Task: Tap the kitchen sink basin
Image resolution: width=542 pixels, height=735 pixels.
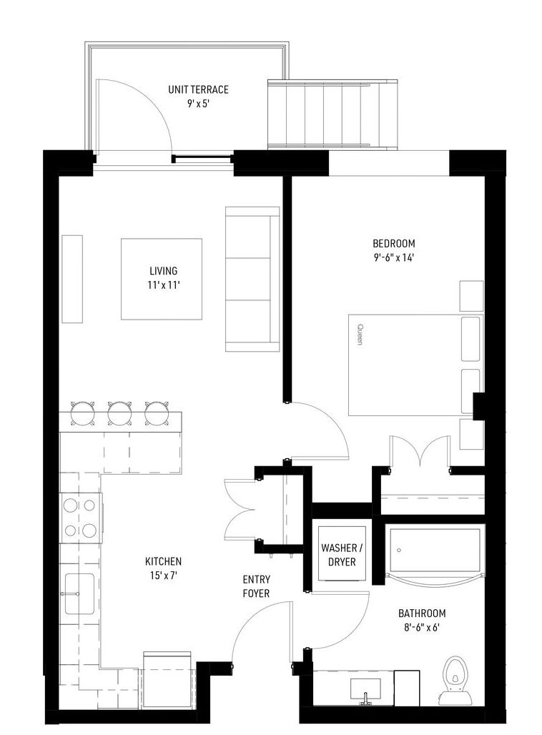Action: pyautogui.click(x=79, y=593)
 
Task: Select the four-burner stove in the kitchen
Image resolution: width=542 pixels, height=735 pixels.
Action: pyautogui.click(x=81, y=518)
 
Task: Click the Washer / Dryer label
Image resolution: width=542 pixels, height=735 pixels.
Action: pyautogui.click(x=342, y=555)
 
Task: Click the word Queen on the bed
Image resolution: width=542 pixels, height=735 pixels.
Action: pyautogui.click(x=360, y=334)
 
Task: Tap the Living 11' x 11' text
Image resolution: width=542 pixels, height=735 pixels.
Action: pyautogui.click(x=164, y=277)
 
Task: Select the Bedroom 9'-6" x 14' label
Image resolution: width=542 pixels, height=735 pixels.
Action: pyautogui.click(x=394, y=250)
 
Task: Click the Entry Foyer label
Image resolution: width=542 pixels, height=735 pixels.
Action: pyautogui.click(x=256, y=586)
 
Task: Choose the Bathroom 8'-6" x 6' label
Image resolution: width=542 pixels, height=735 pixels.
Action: pyautogui.click(x=421, y=620)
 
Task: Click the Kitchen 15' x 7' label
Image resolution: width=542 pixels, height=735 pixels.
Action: pyautogui.click(x=163, y=568)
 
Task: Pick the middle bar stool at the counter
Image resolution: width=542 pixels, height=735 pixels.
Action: pyautogui.click(x=119, y=413)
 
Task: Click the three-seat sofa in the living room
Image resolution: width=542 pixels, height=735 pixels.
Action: pyautogui.click(x=252, y=279)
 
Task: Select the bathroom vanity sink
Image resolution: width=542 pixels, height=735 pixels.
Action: pyautogui.click(x=365, y=689)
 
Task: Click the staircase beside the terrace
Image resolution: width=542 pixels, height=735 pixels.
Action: pyautogui.click(x=333, y=114)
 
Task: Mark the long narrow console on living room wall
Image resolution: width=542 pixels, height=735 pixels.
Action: pyautogui.click(x=72, y=279)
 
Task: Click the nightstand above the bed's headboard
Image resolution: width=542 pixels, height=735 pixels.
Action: pyautogui.click(x=471, y=296)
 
